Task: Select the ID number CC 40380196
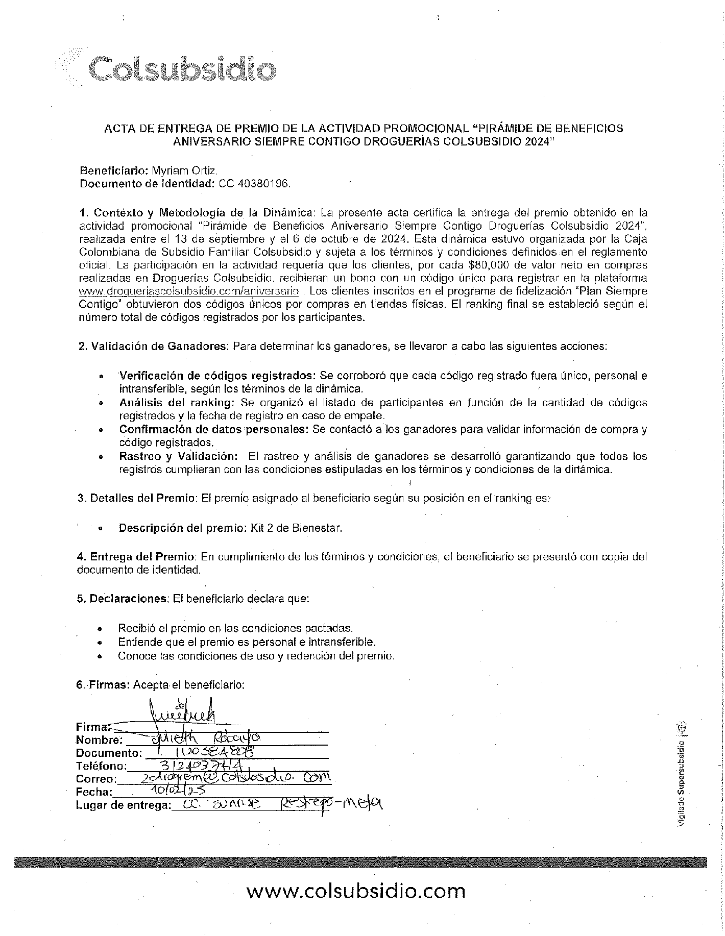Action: click(255, 184)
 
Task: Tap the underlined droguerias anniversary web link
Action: click(188, 291)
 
